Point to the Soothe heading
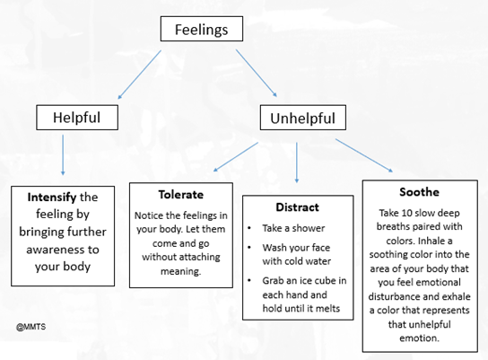coord(419,192)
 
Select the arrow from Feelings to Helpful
coord(138,75)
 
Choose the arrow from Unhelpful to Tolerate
coord(235,154)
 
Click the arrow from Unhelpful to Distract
coord(297,159)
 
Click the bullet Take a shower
coord(295,228)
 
